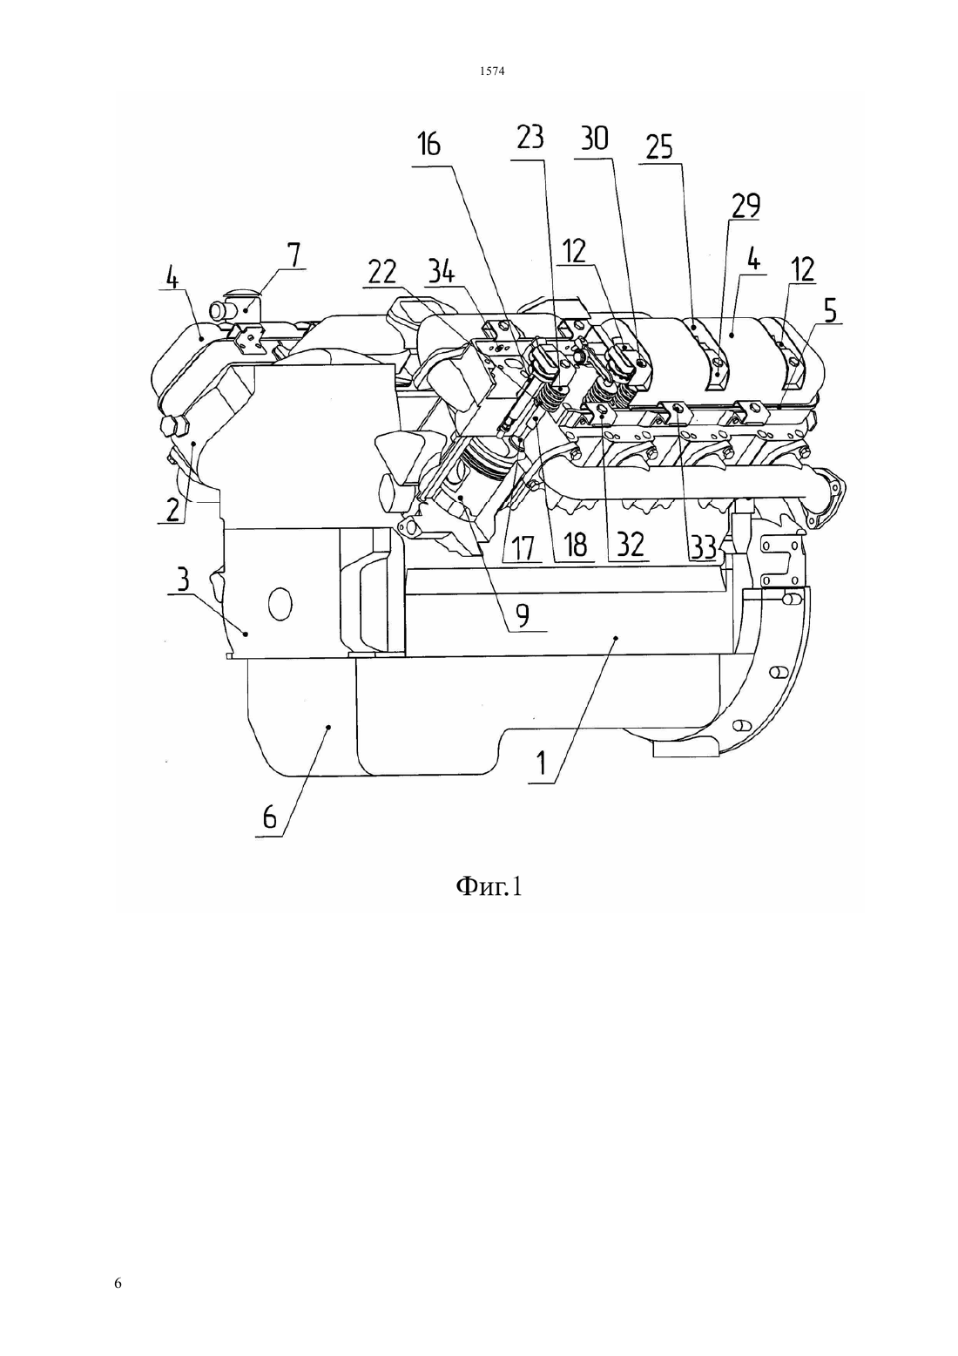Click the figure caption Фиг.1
(x=488, y=887)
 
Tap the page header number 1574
(x=492, y=71)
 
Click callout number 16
(x=428, y=145)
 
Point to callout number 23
(x=530, y=139)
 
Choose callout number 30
(x=594, y=139)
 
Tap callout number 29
(x=745, y=207)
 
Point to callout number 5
(x=829, y=311)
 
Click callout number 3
(x=183, y=579)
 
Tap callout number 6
(x=269, y=818)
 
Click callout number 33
(x=703, y=546)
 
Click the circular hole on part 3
(x=280, y=604)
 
